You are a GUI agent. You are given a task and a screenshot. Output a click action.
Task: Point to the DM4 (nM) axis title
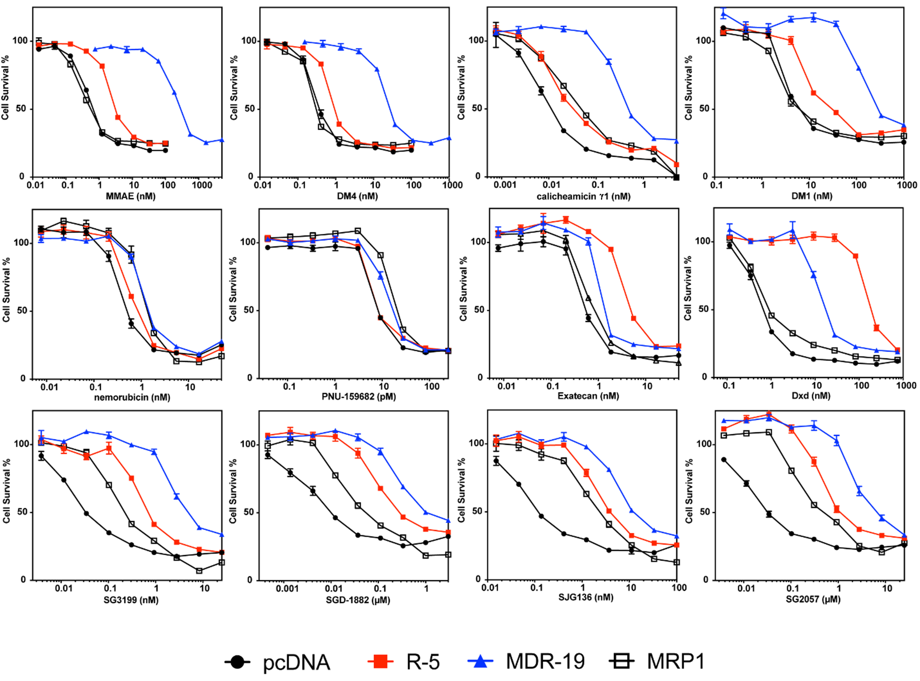pyautogui.click(x=357, y=196)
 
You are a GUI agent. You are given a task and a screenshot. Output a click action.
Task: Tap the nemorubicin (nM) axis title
pyautogui.click(x=132, y=398)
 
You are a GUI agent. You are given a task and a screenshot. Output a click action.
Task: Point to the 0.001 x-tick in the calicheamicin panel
pyautogui.click(x=505, y=185)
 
